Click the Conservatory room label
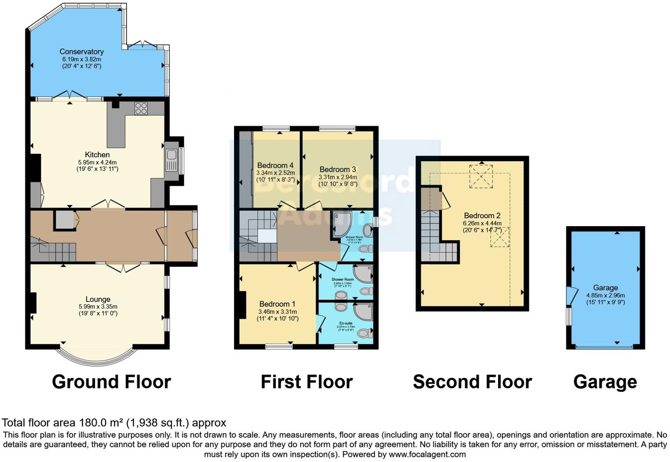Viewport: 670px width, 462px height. click(82, 52)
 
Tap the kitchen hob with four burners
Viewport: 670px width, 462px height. click(141, 108)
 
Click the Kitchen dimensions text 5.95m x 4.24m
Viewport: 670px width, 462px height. click(97, 162)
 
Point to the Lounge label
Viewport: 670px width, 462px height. click(98, 299)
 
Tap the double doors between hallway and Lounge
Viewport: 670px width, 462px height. click(123, 267)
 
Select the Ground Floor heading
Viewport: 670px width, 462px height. click(111, 382)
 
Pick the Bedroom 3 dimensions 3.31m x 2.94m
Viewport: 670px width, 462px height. click(338, 177)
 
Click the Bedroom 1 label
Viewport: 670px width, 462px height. click(277, 304)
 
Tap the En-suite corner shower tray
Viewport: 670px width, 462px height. click(363, 311)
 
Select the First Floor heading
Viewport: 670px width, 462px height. click(307, 382)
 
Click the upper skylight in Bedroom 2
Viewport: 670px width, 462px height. click(481, 176)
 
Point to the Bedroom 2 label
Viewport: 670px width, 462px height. click(482, 216)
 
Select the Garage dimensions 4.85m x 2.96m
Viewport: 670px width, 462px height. click(605, 295)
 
